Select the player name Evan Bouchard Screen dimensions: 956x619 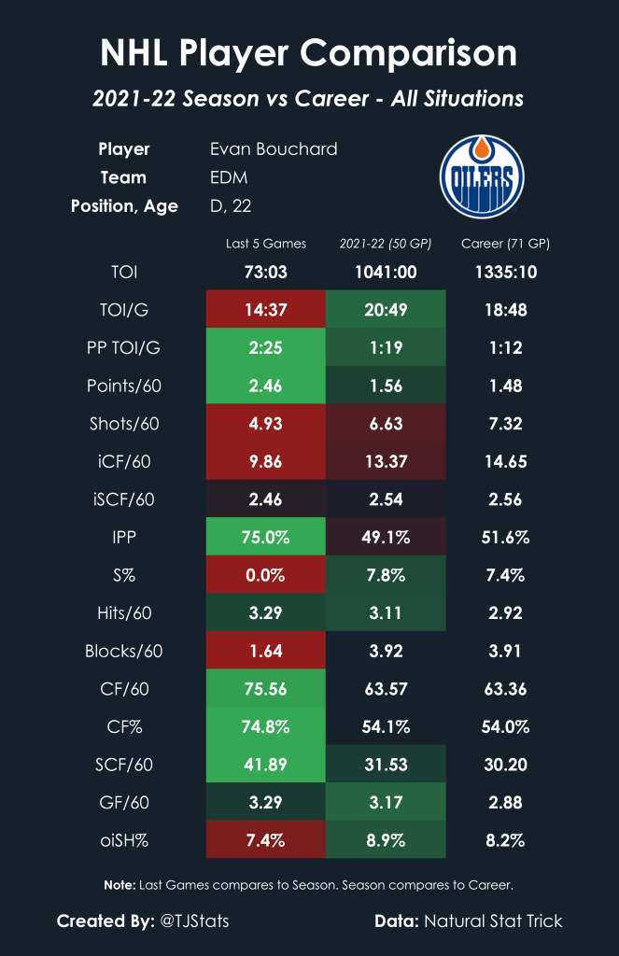[x=274, y=149]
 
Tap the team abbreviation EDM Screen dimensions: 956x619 [x=231, y=177]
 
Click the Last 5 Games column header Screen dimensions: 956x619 [x=266, y=245]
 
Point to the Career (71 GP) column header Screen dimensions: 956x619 [x=505, y=245]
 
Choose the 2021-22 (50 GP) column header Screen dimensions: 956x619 [x=386, y=245]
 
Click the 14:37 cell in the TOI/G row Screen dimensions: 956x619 [x=266, y=309]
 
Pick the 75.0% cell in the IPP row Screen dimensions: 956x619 [x=266, y=537]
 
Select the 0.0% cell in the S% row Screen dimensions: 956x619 [x=266, y=574]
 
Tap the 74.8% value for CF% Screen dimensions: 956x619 [x=266, y=726]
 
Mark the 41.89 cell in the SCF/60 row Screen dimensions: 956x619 [x=266, y=764]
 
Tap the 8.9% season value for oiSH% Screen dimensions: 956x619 [x=386, y=839]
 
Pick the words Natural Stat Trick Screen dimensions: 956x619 [x=493, y=921]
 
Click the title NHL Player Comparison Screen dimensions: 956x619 [x=309, y=53]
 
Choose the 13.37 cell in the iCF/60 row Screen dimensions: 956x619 [x=386, y=460]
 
